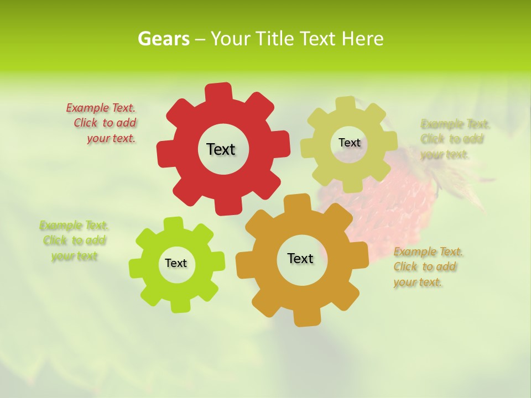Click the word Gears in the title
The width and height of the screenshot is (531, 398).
click(164, 39)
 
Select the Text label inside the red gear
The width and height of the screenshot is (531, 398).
click(221, 149)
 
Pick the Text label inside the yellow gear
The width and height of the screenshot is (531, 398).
click(349, 143)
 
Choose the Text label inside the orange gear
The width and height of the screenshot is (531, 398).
click(300, 258)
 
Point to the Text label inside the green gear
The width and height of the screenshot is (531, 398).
click(176, 263)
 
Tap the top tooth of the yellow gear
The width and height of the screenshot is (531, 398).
click(346, 104)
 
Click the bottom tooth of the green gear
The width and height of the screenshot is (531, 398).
click(178, 305)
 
